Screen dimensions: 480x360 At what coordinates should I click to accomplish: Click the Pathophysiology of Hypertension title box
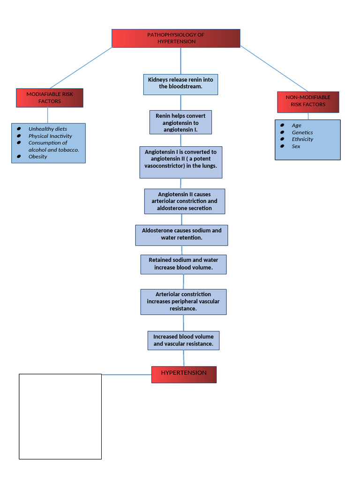tap(176, 38)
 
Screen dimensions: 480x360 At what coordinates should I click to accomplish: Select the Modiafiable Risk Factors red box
tap(50, 97)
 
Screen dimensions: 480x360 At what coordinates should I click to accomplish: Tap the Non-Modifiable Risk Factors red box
tap(308, 101)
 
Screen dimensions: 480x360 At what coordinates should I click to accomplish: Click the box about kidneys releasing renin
tap(180, 84)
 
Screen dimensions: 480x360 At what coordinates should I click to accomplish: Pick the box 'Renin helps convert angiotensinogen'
tap(180, 122)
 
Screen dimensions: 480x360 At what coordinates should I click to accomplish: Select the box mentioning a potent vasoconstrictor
tap(180, 162)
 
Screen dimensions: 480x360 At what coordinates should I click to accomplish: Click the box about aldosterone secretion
tap(184, 201)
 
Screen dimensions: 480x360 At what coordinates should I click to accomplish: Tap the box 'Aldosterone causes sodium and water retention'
tap(181, 235)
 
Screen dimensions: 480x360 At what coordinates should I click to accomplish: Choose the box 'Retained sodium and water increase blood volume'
tap(183, 264)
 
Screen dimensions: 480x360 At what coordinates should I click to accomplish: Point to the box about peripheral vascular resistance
tap(183, 301)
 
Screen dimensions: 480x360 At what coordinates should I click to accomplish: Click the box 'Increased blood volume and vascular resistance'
tap(183, 340)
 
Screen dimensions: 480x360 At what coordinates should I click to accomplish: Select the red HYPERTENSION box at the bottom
tap(184, 374)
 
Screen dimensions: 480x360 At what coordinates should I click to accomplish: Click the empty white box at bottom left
tap(60, 416)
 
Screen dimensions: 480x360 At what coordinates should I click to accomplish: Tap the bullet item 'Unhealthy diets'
tap(47, 129)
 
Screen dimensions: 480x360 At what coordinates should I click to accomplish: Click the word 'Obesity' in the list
tap(37, 157)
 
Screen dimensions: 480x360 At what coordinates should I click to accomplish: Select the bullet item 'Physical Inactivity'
tap(50, 136)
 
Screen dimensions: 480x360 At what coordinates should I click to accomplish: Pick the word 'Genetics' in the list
tap(302, 132)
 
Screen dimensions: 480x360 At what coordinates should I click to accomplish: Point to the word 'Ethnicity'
tap(302, 139)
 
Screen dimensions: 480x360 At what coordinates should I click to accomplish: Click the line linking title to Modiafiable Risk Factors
tap(81, 68)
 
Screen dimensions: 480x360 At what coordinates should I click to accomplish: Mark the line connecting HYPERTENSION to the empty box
tap(127, 375)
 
